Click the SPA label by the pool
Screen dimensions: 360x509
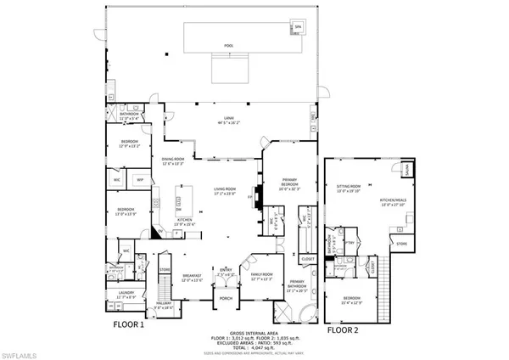(297, 26)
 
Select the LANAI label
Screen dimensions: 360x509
(227, 118)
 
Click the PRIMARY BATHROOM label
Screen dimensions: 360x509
(296, 282)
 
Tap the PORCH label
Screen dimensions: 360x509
(227, 298)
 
